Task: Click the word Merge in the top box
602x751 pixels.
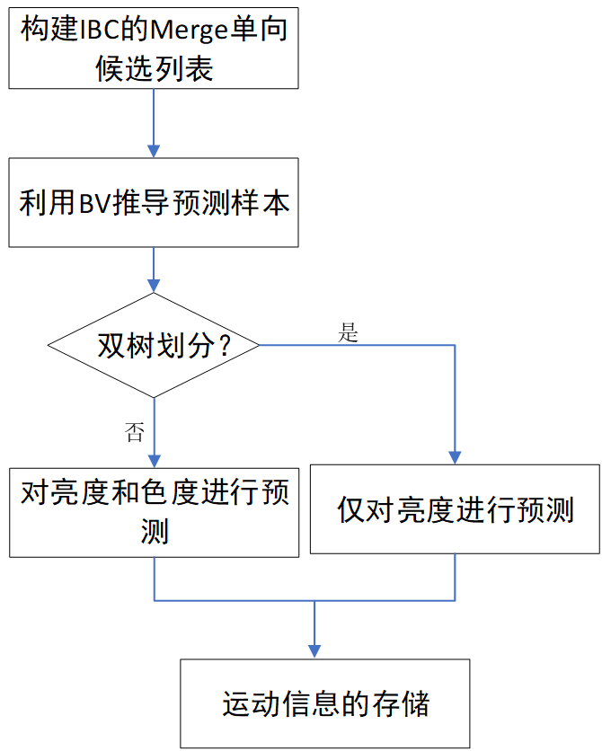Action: (187, 31)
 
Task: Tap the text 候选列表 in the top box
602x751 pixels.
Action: (154, 69)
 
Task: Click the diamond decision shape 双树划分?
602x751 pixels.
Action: (154, 346)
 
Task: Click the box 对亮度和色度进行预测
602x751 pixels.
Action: (154, 511)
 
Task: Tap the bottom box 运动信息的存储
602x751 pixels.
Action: (325, 702)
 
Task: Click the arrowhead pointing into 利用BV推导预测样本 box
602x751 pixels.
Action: (154, 150)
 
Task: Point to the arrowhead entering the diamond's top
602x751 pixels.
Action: (154, 285)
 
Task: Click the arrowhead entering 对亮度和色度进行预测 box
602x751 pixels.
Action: (154, 457)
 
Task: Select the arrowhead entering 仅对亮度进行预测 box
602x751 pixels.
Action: (456, 456)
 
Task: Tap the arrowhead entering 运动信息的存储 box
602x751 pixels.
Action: (314, 651)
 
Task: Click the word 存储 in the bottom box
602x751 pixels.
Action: (406, 703)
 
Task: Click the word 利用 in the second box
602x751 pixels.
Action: (48, 203)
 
